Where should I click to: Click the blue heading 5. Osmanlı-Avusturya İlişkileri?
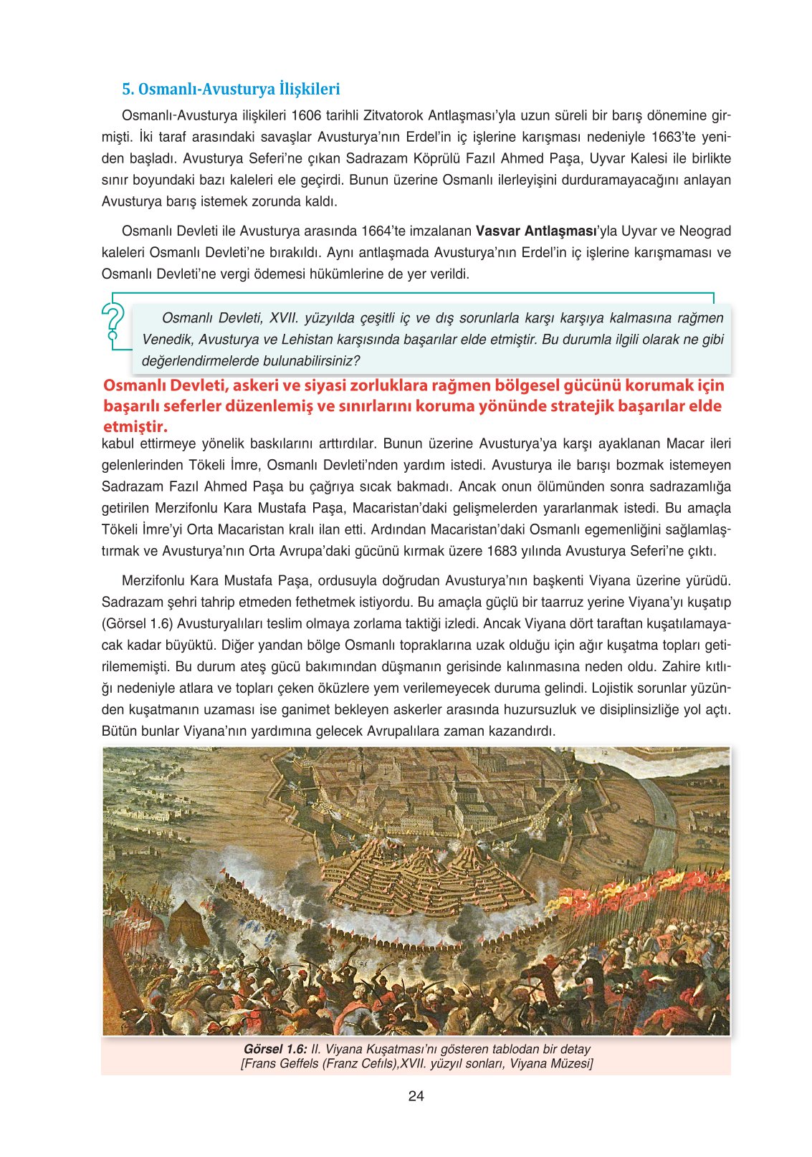point(231,90)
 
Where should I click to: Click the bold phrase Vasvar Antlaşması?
point(536,231)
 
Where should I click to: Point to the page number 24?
point(416,1096)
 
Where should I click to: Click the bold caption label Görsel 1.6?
point(275,1050)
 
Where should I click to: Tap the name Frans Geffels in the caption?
point(282,1064)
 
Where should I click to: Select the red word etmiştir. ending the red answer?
point(135,427)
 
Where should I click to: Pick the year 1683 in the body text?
point(502,552)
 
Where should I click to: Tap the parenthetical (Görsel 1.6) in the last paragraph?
point(137,623)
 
